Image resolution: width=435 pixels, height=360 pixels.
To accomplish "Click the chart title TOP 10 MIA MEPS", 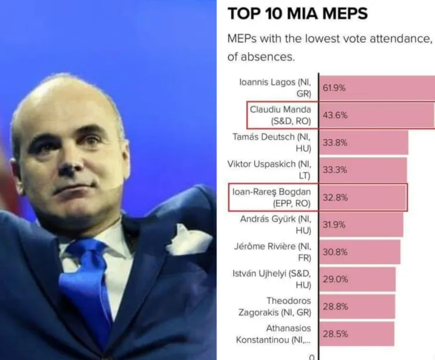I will tap(297, 14).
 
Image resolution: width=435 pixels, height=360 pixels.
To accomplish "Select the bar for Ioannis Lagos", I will tap(377, 88).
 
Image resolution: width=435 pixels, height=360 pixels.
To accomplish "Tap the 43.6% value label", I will tap(335, 115).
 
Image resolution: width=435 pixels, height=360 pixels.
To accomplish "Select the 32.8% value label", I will tap(335, 197).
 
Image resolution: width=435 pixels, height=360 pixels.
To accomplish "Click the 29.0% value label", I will tap(335, 279).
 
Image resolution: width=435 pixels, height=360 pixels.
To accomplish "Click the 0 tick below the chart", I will tap(311, 356).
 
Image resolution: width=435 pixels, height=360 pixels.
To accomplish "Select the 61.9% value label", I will tap(335, 88).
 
